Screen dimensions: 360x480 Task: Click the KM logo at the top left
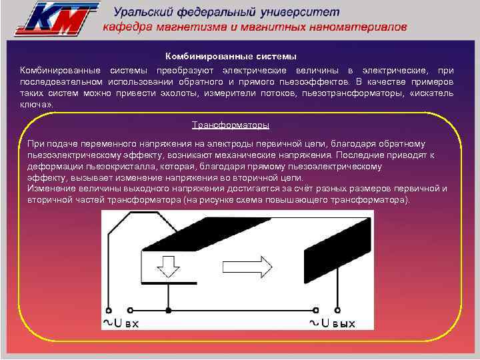pos(58,18)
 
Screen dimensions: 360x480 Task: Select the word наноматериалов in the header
pos(359,28)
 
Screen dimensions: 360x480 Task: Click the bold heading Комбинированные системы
pos(231,57)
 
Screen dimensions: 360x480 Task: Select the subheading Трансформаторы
pos(231,125)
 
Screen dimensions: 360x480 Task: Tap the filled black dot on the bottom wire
pos(169,310)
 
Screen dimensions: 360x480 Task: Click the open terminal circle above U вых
pos(339,310)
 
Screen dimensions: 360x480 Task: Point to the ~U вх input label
pos(121,323)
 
